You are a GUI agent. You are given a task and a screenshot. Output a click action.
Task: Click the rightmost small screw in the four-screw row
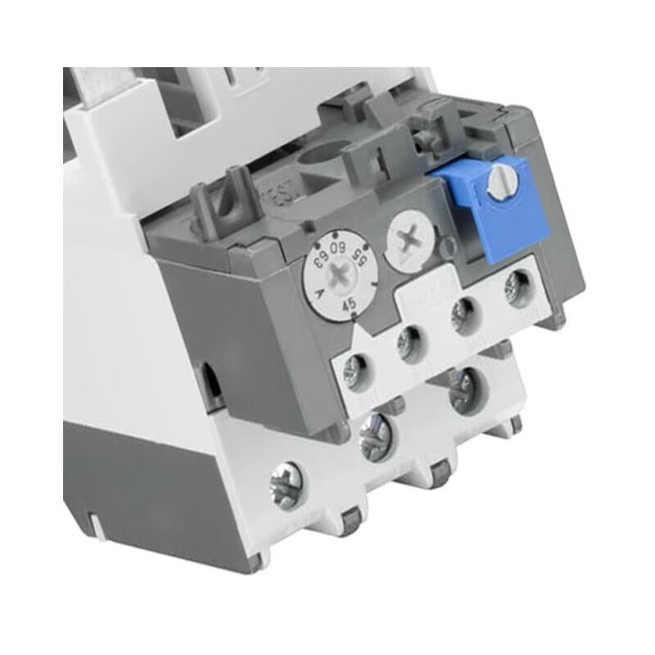(x=517, y=287)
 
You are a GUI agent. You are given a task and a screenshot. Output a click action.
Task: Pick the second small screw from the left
(x=408, y=337)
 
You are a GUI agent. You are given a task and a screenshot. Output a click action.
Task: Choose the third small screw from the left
(x=464, y=312)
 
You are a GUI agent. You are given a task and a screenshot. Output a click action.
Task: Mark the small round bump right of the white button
(x=447, y=245)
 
